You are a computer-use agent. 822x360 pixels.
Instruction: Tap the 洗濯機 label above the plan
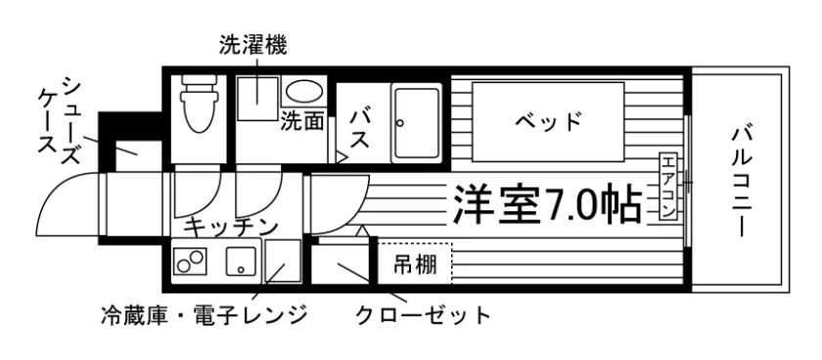click(253, 47)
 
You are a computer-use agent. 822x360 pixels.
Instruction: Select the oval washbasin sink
click(304, 91)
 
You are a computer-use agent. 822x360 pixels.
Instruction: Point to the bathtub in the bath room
click(417, 122)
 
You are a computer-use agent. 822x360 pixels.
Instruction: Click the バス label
click(360, 128)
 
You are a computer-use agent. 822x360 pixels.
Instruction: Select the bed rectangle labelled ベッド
click(548, 121)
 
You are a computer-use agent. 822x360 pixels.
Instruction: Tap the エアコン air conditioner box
click(668, 187)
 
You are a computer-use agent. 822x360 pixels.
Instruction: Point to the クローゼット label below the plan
click(423, 315)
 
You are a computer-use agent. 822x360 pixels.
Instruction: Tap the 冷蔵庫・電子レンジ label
click(204, 315)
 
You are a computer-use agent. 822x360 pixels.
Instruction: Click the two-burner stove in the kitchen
click(189, 260)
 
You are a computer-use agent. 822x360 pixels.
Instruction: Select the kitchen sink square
click(241, 260)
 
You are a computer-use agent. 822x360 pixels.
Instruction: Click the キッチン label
click(231, 227)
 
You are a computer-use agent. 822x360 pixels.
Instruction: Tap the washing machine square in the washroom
click(257, 99)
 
